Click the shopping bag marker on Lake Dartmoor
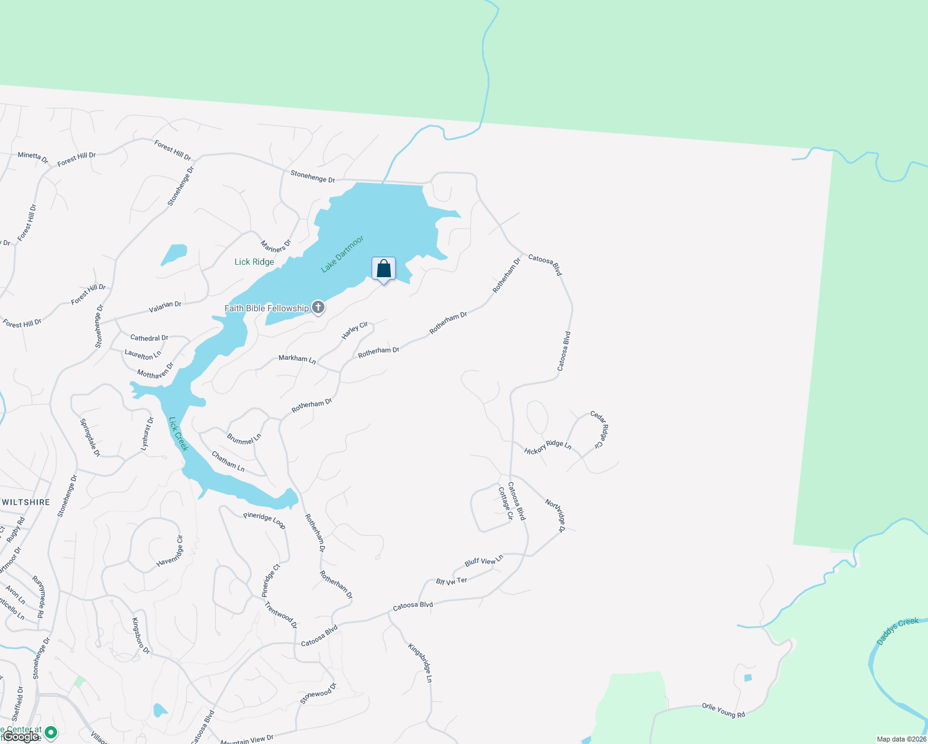pos(383,269)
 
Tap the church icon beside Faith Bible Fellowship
pos(318,308)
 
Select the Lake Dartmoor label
pos(342,254)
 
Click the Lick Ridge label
pos(254,262)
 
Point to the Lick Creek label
pos(178,434)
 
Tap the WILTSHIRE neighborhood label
pos(25,502)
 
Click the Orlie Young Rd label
pos(723,710)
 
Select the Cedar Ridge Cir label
pos(599,428)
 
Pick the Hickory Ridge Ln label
pos(548,447)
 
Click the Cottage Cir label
pos(506,503)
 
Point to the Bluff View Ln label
pos(484,561)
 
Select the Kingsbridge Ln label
pos(420,663)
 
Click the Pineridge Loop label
pos(264,520)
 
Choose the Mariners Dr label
pos(275,246)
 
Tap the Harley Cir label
pos(355,330)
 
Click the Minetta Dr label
pos(33,157)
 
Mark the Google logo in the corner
pos(20,737)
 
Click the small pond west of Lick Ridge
pos(174,254)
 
